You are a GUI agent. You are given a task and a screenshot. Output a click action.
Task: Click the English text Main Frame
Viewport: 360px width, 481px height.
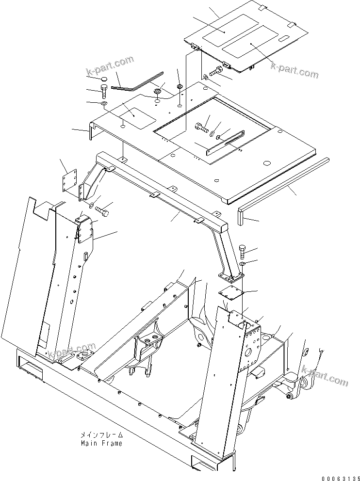tap(101, 443)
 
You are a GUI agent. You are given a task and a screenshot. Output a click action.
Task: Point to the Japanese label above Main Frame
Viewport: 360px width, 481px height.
tap(102, 435)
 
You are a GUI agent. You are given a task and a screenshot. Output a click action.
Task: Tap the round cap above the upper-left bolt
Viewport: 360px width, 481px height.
tap(105, 79)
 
